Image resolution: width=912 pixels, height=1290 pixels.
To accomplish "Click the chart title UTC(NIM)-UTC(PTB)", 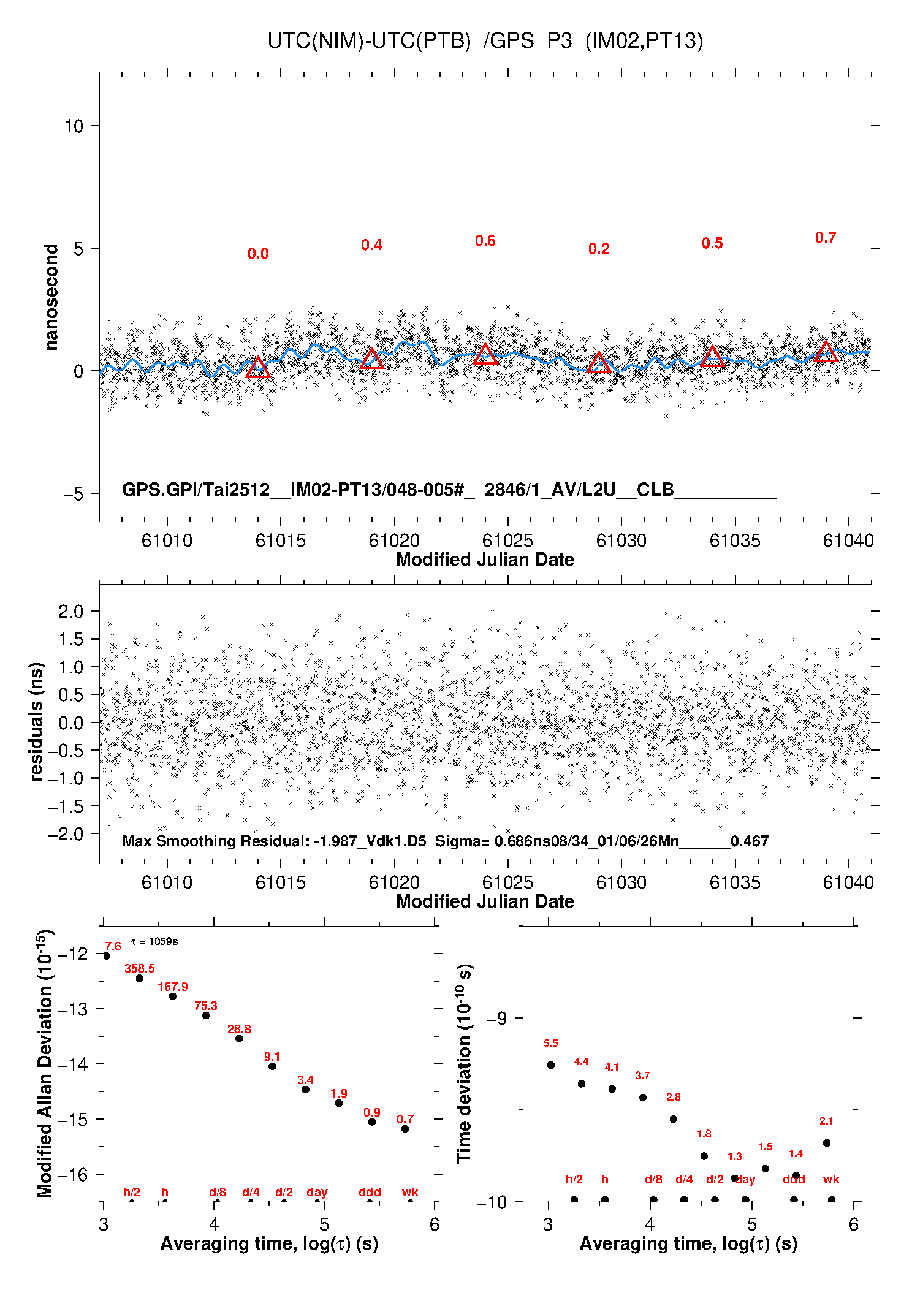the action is (x=369, y=41).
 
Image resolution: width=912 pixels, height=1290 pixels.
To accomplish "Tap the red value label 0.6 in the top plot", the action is (x=485, y=241).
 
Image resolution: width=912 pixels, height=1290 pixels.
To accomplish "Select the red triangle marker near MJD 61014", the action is (x=258, y=366).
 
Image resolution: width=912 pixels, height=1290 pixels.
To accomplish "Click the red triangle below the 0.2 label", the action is (x=599, y=362).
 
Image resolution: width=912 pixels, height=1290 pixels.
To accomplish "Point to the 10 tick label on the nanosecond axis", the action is (x=74, y=126).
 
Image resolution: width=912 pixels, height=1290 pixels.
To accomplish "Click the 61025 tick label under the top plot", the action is (x=507, y=541).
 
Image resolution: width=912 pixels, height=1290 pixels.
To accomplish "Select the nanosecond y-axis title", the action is (x=51, y=297).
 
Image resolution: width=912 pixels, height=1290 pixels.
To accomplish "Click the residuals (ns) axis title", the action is (x=36, y=722).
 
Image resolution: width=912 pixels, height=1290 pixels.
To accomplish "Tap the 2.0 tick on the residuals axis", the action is (x=70, y=611).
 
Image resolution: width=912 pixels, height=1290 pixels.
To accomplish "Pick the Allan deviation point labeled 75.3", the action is (x=206, y=1015).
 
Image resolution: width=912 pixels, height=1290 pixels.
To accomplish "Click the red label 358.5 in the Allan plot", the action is (x=140, y=969).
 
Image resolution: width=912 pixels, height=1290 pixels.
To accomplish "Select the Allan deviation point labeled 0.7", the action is (x=405, y=1129).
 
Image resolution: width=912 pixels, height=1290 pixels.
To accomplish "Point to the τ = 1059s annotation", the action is (x=154, y=941).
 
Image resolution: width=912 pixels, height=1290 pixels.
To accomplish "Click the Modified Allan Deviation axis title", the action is (x=45, y=1064).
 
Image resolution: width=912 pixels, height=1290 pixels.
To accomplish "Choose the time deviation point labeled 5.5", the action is (x=551, y=1065).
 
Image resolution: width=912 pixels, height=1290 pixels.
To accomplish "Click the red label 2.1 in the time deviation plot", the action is (x=826, y=1121).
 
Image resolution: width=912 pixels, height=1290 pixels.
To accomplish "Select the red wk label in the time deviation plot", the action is (x=831, y=1180).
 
